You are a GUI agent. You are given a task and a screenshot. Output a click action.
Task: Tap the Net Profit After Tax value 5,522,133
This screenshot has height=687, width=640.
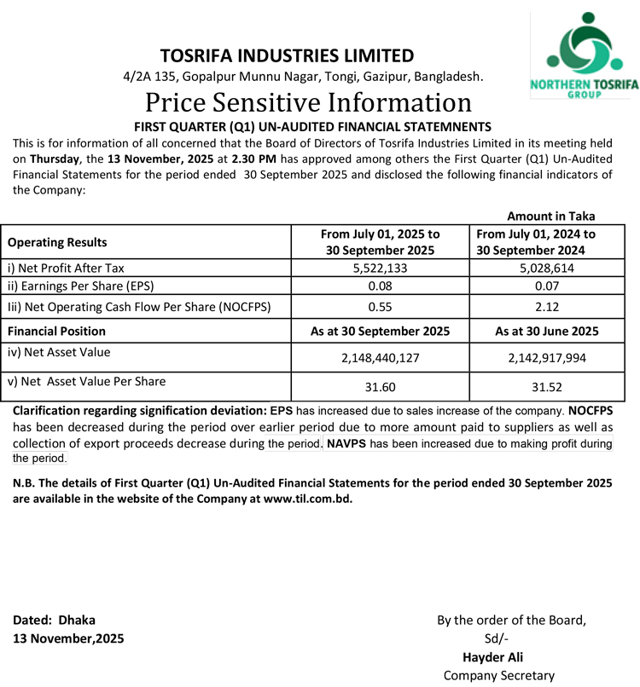(x=381, y=268)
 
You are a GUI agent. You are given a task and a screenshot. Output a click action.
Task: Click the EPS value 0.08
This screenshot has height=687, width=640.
(x=381, y=286)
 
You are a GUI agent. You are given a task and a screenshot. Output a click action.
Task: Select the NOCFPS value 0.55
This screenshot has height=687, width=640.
(x=381, y=305)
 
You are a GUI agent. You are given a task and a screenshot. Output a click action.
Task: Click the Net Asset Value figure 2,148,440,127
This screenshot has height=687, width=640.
(x=381, y=358)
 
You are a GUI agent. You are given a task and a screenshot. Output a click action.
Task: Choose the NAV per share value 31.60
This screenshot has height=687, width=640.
(x=381, y=388)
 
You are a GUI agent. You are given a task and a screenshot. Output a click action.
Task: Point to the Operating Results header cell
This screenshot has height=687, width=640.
(x=57, y=241)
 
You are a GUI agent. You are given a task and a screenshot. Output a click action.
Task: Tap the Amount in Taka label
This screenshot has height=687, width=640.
(x=551, y=216)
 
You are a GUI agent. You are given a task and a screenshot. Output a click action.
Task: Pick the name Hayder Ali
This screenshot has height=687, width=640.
(x=492, y=657)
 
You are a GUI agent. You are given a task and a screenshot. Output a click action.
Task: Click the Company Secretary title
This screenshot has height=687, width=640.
(x=499, y=675)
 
